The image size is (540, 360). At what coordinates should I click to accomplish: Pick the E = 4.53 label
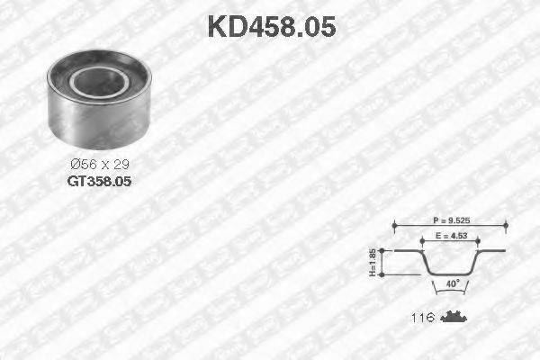coord(446,237)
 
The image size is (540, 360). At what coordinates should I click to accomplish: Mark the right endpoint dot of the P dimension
coord(505,223)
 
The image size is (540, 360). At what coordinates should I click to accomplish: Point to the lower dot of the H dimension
coord(384,274)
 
